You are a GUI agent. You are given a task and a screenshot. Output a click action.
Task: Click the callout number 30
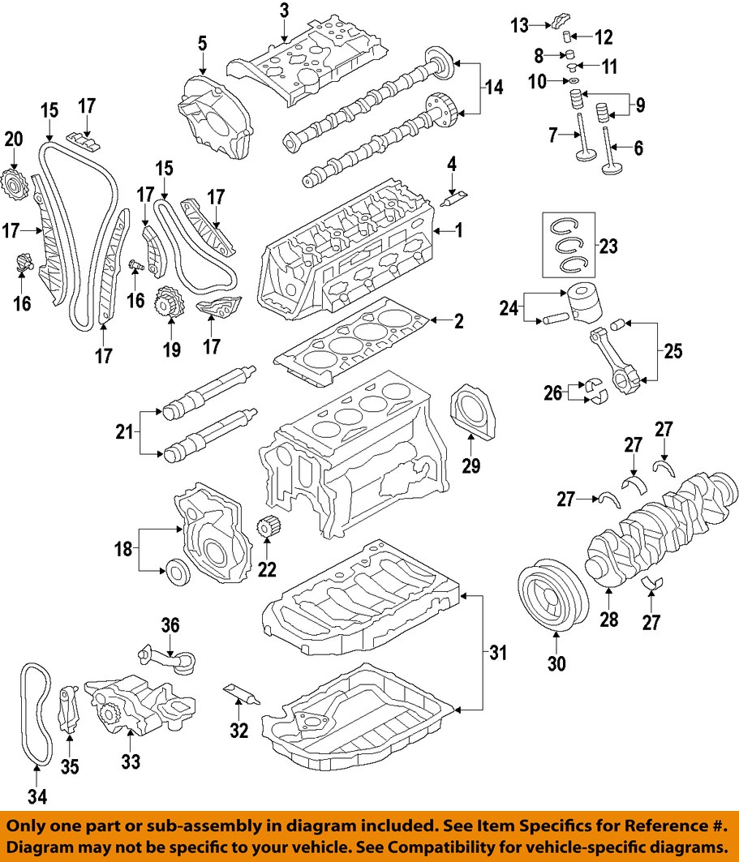click(556, 663)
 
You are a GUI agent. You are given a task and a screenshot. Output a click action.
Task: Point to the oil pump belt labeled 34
click(35, 714)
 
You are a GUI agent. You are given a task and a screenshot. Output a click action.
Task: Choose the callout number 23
click(608, 246)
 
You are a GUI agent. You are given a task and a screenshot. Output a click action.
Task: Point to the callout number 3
click(284, 11)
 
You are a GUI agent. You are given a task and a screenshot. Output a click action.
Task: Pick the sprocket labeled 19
click(170, 303)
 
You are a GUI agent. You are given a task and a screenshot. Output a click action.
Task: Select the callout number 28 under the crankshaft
click(608, 620)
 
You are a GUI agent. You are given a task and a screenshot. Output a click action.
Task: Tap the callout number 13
click(519, 26)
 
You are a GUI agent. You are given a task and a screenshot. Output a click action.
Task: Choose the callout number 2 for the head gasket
click(458, 322)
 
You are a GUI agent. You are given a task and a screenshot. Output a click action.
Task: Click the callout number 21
click(123, 432)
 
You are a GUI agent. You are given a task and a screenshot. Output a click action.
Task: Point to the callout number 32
click(238, 731)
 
